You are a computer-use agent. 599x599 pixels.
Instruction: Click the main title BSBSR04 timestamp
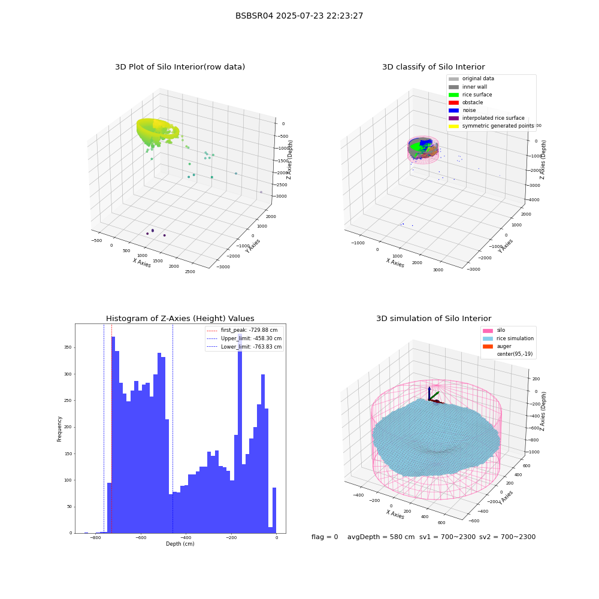pos(299,16)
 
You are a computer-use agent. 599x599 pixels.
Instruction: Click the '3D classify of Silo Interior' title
pos(434,67)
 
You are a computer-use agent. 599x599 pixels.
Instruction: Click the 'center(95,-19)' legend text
pos(515,354)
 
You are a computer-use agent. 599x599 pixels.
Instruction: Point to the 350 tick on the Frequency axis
pos(68,347)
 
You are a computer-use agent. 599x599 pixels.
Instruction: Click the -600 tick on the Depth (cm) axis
pos(141,537)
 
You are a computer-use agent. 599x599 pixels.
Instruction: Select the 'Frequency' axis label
pos(59,429)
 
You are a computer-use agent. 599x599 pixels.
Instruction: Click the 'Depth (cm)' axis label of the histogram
pos(180,544)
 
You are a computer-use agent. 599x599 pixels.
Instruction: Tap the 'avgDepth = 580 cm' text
pos(381,537)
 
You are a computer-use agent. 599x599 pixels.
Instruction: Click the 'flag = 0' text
pos(325,537)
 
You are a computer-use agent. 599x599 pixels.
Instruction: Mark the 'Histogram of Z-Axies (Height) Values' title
pos(180,319)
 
